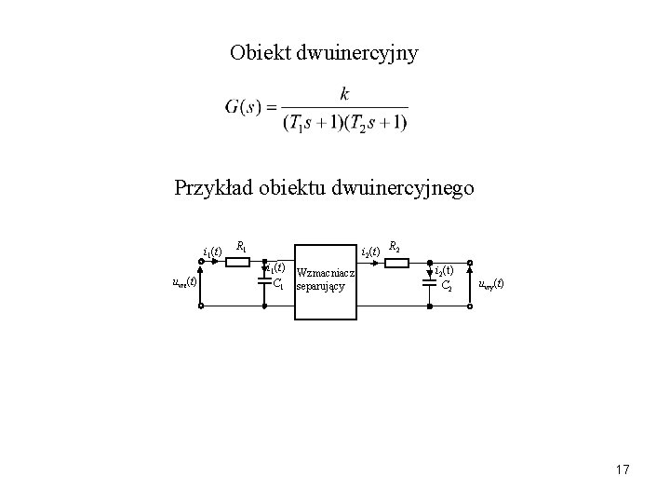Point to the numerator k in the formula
[345, 94]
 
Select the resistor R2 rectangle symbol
[396, 263]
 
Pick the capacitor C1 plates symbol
[264, 280]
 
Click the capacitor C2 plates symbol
[431, 283]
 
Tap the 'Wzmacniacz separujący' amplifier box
[327, 280]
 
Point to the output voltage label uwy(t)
[490, 283]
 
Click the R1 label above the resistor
[241, 247]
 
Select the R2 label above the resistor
[395, 247]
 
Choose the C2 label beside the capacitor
[447, 286]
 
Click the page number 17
[622, 470]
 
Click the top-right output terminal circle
[471, 263]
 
